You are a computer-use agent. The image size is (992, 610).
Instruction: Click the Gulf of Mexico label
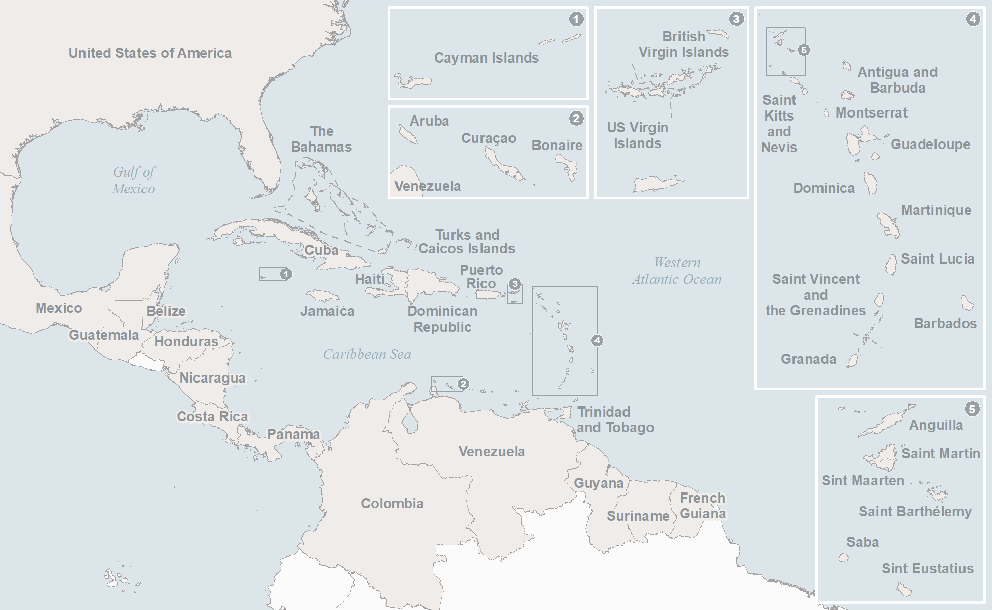click(x=133, y=180)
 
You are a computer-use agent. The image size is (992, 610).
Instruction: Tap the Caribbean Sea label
click(x=366, y=354)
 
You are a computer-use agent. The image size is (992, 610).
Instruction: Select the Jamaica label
click(x=327, y=311)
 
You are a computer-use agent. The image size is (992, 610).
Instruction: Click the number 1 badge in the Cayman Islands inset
click(x=576, y=19)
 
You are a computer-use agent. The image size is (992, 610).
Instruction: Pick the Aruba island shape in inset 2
click(x=408, y=135)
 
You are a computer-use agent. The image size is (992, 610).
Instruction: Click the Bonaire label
click(x=557, y=146)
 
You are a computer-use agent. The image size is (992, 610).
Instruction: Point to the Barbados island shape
click(x=967, y=303)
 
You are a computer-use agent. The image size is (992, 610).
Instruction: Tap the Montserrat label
click(x=871, y=113)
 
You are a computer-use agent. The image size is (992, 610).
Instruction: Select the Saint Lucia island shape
click(x=891, y=265)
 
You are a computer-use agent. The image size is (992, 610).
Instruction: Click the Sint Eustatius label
click(x=927, y=568)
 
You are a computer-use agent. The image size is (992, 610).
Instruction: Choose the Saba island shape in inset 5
click(x=844, y=558)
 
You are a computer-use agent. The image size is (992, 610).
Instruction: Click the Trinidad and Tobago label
click(x=615, y=420)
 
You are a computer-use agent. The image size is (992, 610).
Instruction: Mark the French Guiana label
click(x=702, y=506)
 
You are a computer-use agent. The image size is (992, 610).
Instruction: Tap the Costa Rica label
click(x=212, y=416)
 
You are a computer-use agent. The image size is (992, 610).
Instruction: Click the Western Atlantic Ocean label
click(x=676, y=271)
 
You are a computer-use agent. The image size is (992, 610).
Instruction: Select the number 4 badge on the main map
click(x=597, y=340)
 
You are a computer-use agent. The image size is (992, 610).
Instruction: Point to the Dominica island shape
click(x=871, y=183)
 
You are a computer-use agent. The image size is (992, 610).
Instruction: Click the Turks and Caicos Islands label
click(x=467, y=242)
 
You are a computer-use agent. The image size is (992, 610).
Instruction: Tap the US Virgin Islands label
click(x=637, y=135)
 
